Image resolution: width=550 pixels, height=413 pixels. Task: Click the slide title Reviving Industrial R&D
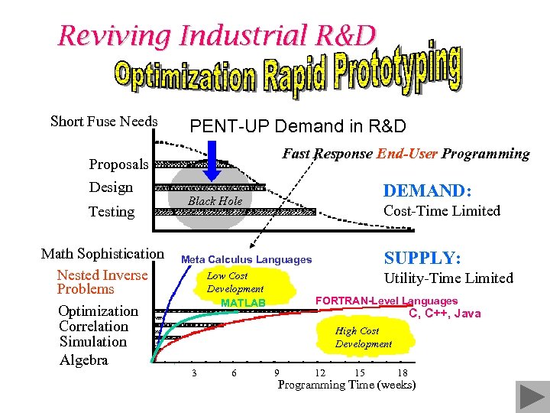217,35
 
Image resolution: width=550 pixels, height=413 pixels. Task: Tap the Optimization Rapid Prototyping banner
288,73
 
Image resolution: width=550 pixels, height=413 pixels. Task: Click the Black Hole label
215,201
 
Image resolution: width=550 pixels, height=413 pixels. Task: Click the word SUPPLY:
422,258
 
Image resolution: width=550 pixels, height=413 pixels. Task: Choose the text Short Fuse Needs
104,122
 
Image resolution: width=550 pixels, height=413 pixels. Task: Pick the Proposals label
118,164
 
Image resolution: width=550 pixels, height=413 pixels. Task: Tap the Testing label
111,212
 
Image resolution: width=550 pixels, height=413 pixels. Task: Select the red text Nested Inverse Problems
102,282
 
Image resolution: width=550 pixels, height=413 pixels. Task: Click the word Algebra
84,360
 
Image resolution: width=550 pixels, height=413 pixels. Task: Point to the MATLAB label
243,304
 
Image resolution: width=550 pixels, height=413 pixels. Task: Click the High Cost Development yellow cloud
363,337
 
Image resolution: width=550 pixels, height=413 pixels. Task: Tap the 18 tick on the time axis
403,372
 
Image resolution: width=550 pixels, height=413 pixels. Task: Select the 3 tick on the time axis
194,372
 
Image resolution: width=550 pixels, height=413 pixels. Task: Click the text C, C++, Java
445,314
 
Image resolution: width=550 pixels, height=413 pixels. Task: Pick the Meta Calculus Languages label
246,260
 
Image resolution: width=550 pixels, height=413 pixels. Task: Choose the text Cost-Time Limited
442,211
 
